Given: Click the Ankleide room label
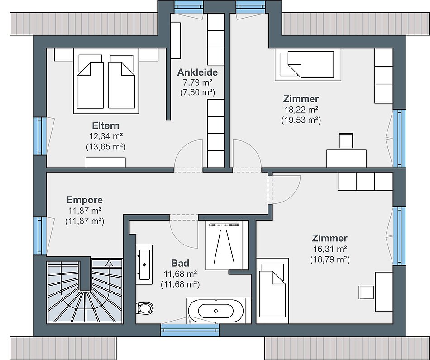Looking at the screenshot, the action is pos(197,72).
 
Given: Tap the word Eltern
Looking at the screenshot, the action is pos(105,125).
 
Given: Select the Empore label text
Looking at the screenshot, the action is pos(85,200).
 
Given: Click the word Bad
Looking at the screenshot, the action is pos(180,263).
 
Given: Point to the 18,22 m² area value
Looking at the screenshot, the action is pos(301,110).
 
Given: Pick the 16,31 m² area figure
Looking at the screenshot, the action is pos(330,249).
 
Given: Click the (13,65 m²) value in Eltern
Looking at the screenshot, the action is pos(105,147).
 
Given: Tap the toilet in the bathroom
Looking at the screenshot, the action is pos(144,308).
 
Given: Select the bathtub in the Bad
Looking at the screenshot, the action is pos(215,311).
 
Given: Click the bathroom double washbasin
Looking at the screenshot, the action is pos(144,264).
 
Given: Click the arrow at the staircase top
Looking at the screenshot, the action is pos(109,263).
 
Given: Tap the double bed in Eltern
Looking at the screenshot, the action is pos(106,81).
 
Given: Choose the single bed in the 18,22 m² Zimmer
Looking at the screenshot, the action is pos(308,65).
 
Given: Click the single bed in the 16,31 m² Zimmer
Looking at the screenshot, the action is pos(272,291).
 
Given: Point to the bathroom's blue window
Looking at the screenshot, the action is pos(190,330).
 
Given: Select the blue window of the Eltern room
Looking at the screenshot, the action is pos(40,136).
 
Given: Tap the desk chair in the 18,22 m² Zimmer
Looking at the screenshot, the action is pos(345,141).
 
